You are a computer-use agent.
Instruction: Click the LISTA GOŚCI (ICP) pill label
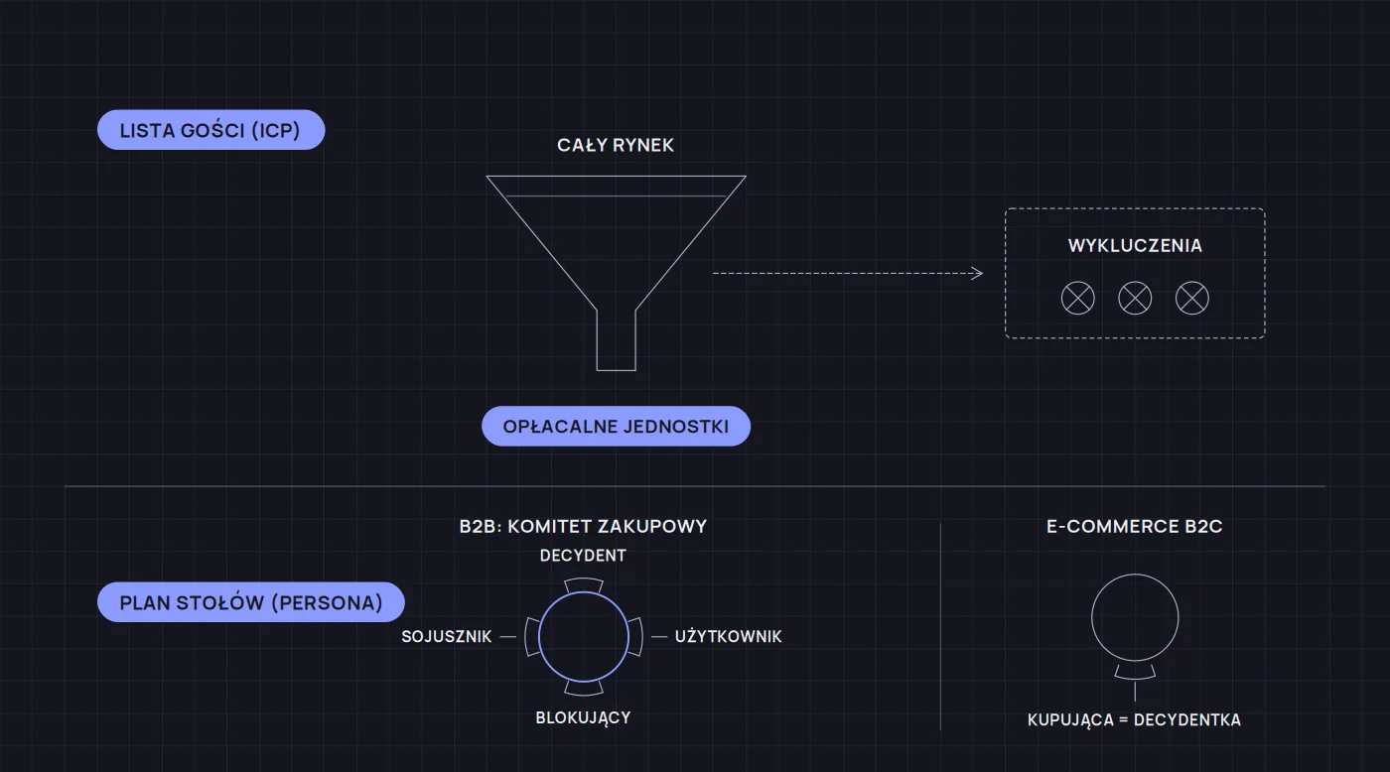click(210, 130)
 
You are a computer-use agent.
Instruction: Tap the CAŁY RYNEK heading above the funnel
click(616, 145)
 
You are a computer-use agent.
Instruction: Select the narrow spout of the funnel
click(617, 339)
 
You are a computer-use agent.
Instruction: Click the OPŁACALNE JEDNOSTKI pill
click(617, 426)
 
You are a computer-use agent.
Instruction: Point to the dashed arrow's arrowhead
click(977, 274)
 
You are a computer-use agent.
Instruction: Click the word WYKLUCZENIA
click(1135, 245)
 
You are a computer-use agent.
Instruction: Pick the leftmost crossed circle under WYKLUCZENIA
click(1078, 299)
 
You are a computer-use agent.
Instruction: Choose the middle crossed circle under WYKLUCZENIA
click(1135, 299)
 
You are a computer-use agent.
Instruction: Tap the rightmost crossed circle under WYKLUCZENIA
click(1192, 299)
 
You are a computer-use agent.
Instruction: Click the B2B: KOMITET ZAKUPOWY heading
click(584, 527)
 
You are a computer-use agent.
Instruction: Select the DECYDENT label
click(584, 556)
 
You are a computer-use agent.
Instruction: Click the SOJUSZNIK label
click(447, 637)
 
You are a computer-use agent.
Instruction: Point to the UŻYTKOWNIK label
click(729, 637)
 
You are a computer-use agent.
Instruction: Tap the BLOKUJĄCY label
click(584, 718)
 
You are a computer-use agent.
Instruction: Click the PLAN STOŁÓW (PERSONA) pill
click(250, 602)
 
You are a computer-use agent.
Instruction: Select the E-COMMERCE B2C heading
click(1134, 527)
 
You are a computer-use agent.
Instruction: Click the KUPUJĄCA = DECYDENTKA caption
click(1134, 720)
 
